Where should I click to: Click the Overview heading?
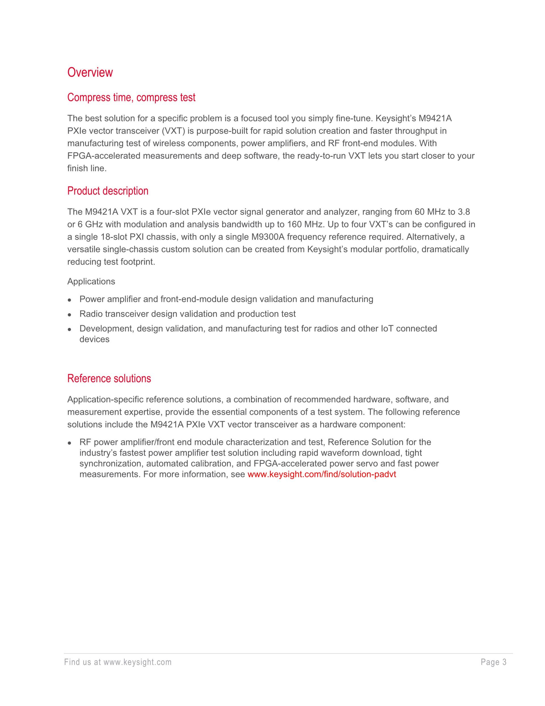point(90,72)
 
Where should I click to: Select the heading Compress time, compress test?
point(131,97)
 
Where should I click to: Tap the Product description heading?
point(108,191)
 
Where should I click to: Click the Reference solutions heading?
point(109,378)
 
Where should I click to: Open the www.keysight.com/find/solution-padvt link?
point(322,474)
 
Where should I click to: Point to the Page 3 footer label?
point(493,662)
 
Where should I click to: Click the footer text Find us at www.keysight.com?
point(118,662)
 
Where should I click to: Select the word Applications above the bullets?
point(91,281)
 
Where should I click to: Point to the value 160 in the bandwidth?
point(294,224)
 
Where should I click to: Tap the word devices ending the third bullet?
point(94,339)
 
